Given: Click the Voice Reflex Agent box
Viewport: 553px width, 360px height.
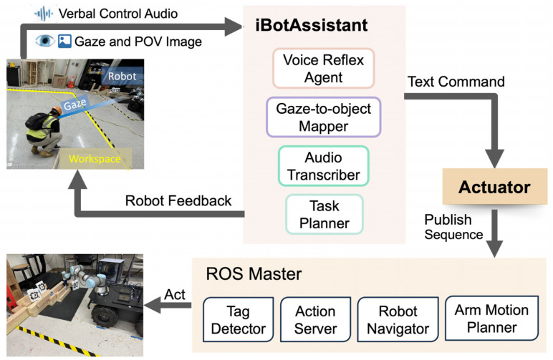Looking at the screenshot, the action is [x=323, y=68].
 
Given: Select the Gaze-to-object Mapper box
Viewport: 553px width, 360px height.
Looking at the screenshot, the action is [x=323, y=117].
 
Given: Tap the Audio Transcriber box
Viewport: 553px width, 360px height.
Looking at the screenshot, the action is [x=323, y=166].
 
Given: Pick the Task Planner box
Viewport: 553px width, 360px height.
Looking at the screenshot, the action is [x=324, y=214].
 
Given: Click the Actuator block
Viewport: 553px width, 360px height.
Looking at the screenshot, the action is [x=494, y=187].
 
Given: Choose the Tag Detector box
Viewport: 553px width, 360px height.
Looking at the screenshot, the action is [x=239, y=319].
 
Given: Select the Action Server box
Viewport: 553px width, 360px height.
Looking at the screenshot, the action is [x=315, y=319].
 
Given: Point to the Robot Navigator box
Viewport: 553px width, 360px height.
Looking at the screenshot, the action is [x=398, y=319].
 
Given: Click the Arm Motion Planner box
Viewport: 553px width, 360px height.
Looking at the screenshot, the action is [x=491, y=318].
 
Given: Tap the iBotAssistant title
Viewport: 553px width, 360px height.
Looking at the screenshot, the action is [x=312, y=25].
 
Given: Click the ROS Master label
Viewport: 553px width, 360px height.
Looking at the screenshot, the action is [x=254, y=273].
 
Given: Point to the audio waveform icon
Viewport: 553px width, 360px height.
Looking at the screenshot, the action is [x=44, y=14].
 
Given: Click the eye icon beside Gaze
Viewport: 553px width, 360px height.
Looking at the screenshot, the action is [x=45, y=41].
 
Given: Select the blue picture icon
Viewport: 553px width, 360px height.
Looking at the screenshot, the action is [x=64, y=42].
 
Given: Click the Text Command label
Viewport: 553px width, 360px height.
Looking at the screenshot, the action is [x=456, y=82].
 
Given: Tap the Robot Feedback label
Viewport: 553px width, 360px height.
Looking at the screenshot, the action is [x=178, y=201].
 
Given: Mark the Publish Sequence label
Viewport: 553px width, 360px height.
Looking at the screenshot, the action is [x=453, y=227].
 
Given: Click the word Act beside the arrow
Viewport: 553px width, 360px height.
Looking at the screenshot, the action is [x=175, y=294].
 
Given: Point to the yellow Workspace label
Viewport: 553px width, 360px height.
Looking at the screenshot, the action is [x=95, y=159].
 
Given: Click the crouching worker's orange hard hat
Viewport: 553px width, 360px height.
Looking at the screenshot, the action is [x=57, y=111].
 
